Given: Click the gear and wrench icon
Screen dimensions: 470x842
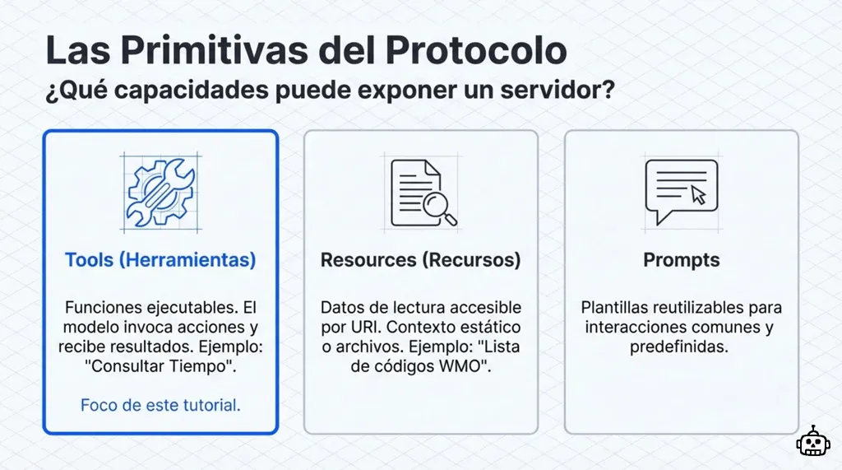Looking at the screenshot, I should pyautogui.click(x=160, y=193).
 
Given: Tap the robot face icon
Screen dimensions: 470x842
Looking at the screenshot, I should pyautogui.click(x=812, y=441).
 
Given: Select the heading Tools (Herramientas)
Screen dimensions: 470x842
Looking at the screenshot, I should pyautogui.click(x=160, y=260).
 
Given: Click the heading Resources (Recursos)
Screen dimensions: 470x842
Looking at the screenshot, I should pyautogui.click(x=420, y=260).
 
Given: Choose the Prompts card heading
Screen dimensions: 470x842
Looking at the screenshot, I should pyautogui.click(x=681, y=260).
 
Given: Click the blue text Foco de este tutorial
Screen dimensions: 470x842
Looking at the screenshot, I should pyautogui.click(x=160, y=405).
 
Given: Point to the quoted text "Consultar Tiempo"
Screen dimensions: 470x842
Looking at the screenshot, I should pyautogui.click(x=160, y=367).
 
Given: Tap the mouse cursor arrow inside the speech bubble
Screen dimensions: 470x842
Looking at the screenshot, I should pyautogui.click(x=698, y=195).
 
